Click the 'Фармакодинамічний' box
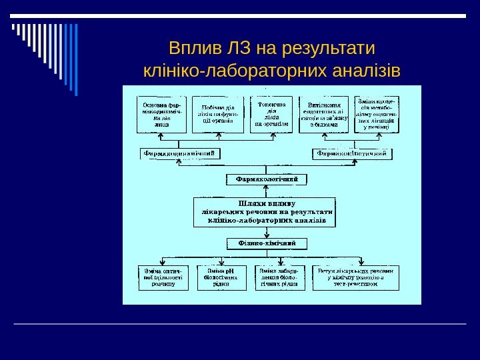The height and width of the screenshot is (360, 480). coord(180,154)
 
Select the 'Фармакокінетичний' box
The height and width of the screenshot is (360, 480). coord(351,154)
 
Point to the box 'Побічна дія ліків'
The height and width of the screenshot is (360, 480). coord(215,115)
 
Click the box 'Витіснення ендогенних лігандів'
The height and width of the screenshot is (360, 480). coord(325,115)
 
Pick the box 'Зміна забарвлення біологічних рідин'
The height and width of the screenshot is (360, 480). coord(280,277)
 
